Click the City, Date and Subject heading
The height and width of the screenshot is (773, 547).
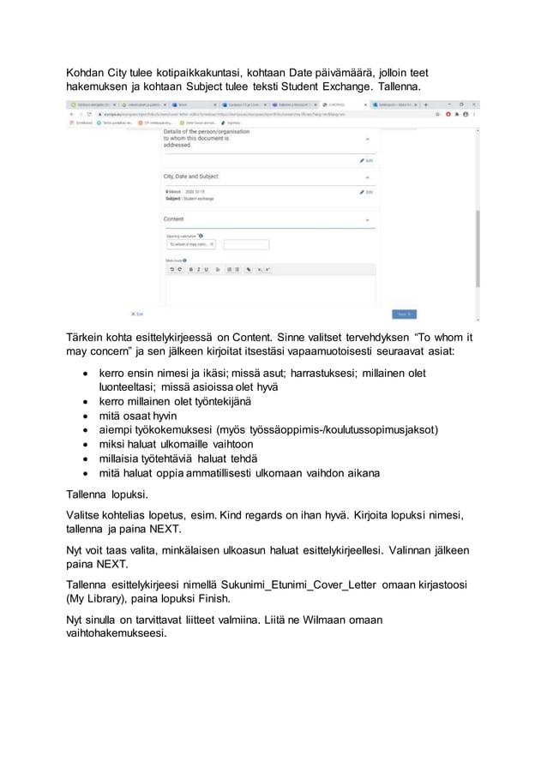(196, 176)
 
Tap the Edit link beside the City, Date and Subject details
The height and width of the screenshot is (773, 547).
(366, 192)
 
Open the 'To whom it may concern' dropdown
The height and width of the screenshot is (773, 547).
(191, 244)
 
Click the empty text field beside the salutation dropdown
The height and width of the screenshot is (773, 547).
(246, 244)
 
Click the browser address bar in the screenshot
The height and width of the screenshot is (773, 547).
(257, 113)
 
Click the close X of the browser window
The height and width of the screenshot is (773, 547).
(475, 104)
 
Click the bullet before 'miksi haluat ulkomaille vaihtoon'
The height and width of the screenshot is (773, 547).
(86, 444)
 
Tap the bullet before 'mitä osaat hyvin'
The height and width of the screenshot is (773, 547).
(86, 415)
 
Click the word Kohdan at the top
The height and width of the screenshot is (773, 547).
(89, 75)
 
